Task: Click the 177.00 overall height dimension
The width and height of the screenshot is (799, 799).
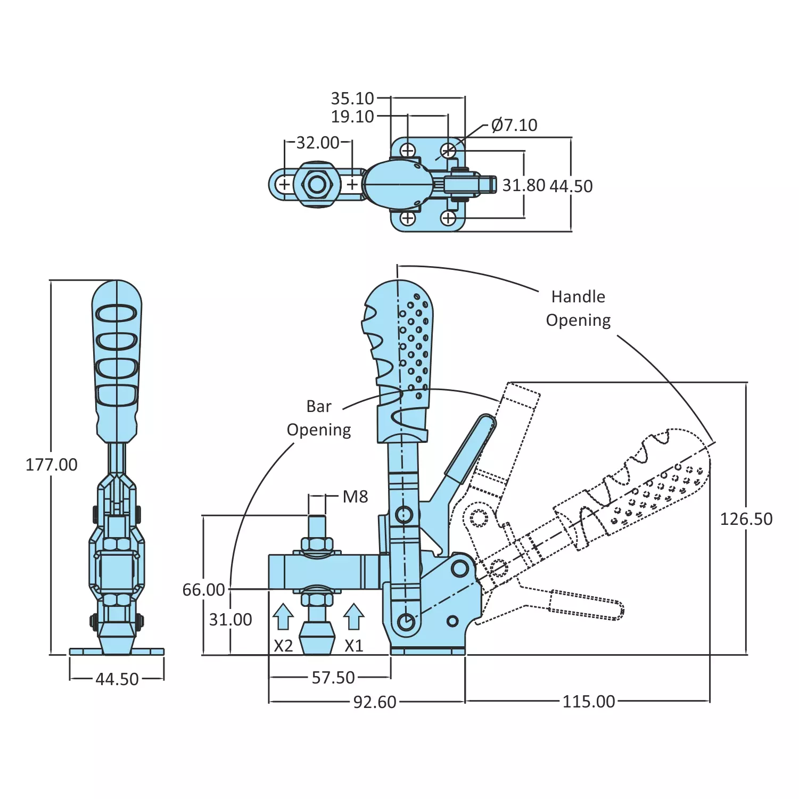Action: [x=52, y=465]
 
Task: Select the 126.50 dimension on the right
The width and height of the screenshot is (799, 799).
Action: [x=746, y=519]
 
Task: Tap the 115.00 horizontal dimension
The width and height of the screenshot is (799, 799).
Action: [x=588, y=702]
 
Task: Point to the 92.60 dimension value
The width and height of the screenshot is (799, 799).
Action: [x=375, y=702]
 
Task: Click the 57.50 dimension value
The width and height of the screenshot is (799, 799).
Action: [x=333, y=678]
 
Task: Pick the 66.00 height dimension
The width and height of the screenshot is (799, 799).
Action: [x=203, y=590]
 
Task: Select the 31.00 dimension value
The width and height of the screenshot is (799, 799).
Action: [x=230, y=620]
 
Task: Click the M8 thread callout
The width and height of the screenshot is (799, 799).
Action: [x=355, y=497]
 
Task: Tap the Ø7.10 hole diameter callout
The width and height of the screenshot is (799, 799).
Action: [x=514, y=125]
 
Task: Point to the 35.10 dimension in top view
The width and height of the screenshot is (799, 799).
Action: [x=352, y=98]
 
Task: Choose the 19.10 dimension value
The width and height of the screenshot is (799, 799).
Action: [x=352, y=117]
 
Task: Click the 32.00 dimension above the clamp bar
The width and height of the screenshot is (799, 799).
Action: [x=318, y=143]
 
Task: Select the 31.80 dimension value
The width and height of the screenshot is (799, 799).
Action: [x=524, y=185]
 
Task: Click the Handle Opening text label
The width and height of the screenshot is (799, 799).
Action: [x=578, y=308]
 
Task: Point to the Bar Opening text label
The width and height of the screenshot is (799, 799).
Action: [x=319, y=418]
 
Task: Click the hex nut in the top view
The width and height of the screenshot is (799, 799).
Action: [x=317, y=185]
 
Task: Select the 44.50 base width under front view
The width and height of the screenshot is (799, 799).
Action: [x=117, y=679]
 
